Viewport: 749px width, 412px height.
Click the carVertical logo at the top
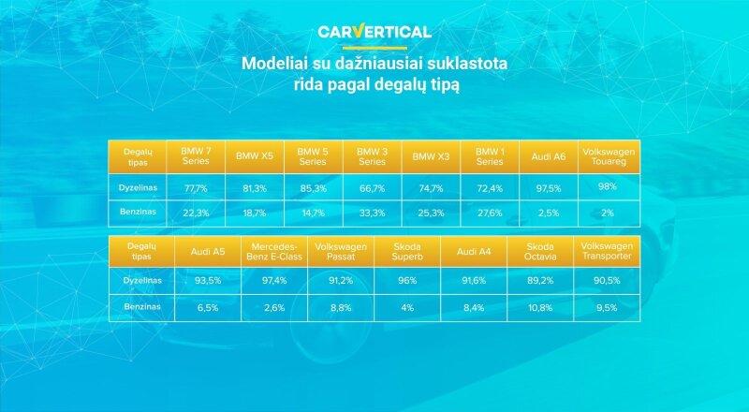(374, 32)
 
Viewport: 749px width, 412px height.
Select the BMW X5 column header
(255, 156)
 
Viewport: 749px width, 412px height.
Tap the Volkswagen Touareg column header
(609, 156)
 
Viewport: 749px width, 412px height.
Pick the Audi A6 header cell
(549, 156)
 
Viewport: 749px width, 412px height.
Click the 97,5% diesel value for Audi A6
(549, 188)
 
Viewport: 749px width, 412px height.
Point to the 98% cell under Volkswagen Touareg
(607, 186)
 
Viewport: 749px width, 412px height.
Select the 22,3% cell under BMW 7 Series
(196, 213)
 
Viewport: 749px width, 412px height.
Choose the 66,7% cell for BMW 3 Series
(372, 188)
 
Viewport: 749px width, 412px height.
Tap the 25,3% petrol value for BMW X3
(431, 213)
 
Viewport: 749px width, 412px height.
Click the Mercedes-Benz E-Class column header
(274, 251)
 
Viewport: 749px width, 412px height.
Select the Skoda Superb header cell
(407, 251)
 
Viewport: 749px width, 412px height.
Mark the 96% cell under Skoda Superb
(407, 281)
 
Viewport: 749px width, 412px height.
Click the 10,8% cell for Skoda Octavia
(540, 308)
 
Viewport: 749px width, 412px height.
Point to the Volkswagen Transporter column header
(607, 251)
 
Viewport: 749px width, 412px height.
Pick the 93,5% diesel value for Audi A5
(208, 281)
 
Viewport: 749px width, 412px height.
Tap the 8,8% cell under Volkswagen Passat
(341, 308)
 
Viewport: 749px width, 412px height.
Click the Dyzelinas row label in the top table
(138, 188)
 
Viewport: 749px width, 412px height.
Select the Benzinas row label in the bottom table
(142, 306)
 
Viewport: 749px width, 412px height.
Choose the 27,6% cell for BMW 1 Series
(490, 213)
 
